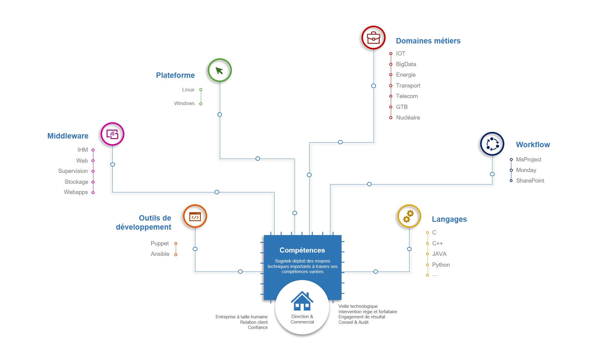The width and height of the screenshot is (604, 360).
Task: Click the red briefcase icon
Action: [x=373, y=38]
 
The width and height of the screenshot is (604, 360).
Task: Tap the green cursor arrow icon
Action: [x=220, y=71]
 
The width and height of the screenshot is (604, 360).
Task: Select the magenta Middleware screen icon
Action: [x=112, y=134]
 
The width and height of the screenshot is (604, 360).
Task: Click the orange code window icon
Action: [x=195, y=216]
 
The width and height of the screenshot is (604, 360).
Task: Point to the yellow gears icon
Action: [x=409, y=216]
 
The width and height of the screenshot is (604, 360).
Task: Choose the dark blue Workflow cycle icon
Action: [x=492, y=144]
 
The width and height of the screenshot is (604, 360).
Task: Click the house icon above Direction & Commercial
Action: [x=302, y=301]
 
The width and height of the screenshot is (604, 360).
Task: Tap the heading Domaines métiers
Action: [x=428, y=41]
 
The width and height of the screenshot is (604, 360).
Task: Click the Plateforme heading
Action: [x=175, y=75]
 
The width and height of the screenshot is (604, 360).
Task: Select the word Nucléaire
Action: [x=408, y=117]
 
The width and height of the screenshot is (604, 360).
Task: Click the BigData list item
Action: [x=406, y=64]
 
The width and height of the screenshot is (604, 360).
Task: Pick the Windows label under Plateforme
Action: [x=184, y=103]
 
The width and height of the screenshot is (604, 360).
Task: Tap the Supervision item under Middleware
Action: [x=73, y=171]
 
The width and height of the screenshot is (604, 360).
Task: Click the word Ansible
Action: [x=160, y=254]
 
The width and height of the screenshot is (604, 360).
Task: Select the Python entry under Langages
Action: [x=441, y=265]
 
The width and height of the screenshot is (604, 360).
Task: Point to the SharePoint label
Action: [x=530, y=181]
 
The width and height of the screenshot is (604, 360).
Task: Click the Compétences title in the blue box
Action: [x=302, y=250]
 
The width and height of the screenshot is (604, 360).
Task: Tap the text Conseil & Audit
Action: [x=353, y=322]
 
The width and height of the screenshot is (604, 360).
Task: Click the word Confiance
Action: [x=258, y=327]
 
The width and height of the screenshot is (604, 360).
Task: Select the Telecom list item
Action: [x=407, y=96]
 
